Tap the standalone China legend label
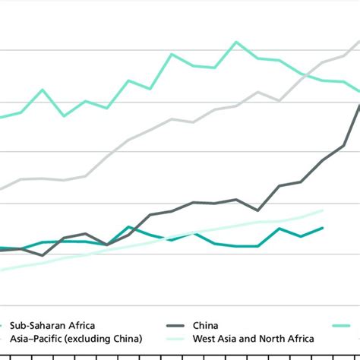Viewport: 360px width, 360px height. [209, 324]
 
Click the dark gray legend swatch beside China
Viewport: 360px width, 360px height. [177, 324]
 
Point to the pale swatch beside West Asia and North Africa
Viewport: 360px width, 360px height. [177, 338]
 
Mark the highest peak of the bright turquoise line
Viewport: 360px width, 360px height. [237, 42]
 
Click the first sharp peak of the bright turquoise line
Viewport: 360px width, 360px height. [43, 90]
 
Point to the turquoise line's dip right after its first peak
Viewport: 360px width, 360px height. [64, 115]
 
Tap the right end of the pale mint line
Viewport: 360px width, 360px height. [323, 210]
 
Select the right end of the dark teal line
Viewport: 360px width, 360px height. [323, 227]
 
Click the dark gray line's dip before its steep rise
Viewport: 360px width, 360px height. [258, 210]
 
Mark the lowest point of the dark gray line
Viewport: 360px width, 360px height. [43, 255]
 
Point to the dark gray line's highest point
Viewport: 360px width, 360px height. [359, 105]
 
